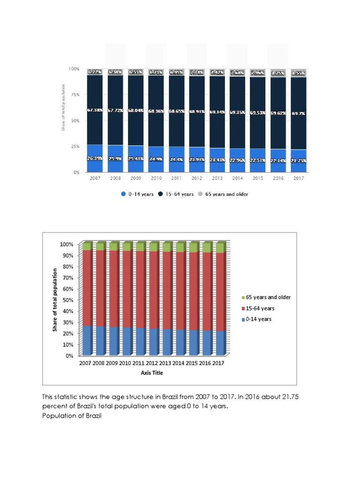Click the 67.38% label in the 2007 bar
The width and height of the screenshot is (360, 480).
coord(95,110)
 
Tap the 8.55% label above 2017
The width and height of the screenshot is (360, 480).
coord(298,73)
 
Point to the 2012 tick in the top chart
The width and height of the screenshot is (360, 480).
coord(196,179)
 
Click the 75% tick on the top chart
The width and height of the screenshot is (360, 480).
coord(75,94)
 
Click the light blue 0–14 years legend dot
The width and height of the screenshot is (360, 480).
coord(123,194)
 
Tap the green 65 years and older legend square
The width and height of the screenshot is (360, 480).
coord(243,297)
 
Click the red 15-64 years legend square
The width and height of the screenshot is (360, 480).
coord(243,308)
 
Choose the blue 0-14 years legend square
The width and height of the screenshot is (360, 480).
coord(243,319)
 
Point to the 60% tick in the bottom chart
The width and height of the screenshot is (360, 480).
coord(67,289)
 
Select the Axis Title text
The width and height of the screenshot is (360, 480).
coord(152,373)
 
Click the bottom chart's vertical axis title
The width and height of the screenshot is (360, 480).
coord(55,300)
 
